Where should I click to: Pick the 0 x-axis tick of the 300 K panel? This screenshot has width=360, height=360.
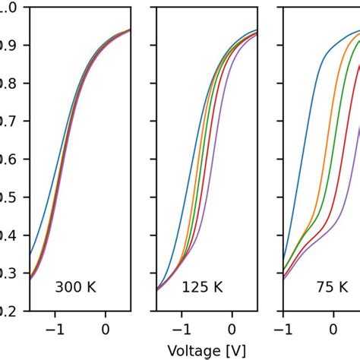coord(106,329)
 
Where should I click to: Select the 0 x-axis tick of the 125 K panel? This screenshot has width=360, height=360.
coord(232,329)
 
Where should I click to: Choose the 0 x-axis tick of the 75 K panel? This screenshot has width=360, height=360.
coord(333,329)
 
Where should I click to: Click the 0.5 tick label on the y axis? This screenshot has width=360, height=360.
coord(3,197)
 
